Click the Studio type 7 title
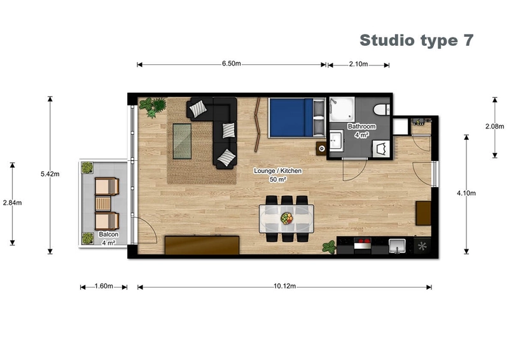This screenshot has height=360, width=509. coord(417,40)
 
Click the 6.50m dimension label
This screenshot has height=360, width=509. coord(232,64)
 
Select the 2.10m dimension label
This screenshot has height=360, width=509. coord(359,64)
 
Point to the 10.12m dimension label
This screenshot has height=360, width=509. coord(284,286)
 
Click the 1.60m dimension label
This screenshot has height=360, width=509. coord(103,286)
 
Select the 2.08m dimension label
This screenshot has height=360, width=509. coord(495,127)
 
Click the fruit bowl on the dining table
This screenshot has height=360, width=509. coord(288,218)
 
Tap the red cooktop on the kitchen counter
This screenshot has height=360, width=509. coord(362,244)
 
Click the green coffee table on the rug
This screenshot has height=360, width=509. coord(184,139)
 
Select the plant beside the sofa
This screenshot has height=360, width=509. coord(152,106)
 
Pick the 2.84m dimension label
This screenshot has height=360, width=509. coord(12,203)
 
